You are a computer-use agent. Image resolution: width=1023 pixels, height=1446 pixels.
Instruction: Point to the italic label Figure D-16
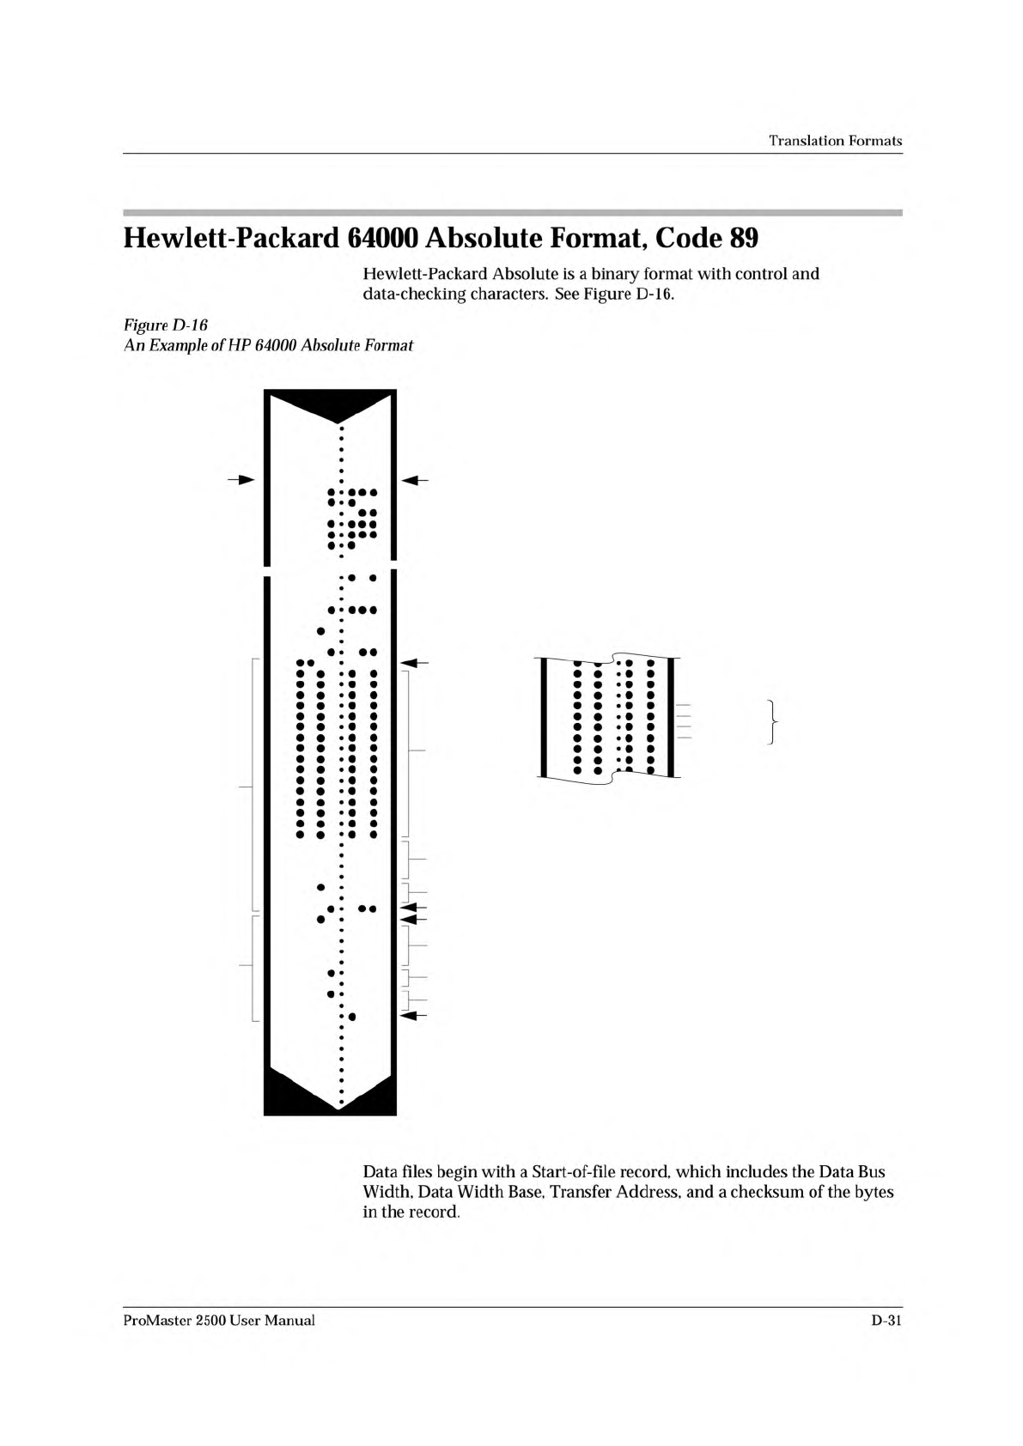(161, 325)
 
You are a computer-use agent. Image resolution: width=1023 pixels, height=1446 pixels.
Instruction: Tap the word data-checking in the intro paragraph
(409, 295)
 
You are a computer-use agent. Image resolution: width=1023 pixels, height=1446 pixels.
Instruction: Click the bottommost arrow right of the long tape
(416, 1016)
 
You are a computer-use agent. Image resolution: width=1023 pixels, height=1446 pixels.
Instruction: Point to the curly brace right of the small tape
(774, 722)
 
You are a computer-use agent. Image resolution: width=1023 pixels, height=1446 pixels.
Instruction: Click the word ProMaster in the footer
(156, 1321)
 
